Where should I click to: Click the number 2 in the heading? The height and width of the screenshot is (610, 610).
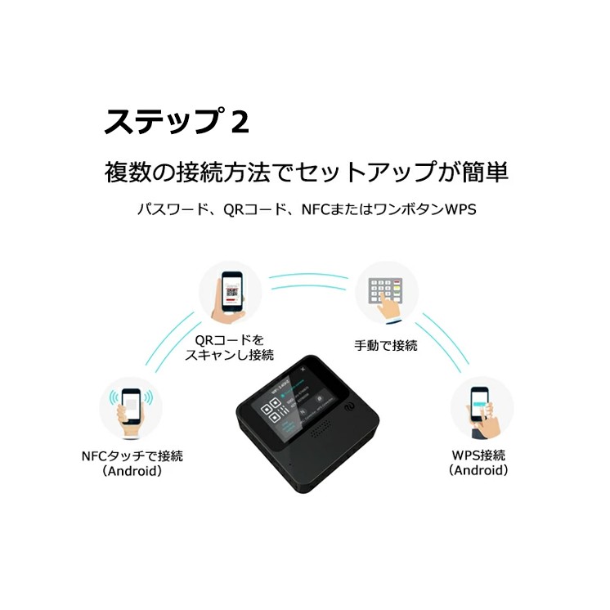click(240, 122)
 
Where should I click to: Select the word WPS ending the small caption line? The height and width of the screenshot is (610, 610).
click(460, 209)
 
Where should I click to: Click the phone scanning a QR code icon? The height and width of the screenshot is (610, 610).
click(230, 294)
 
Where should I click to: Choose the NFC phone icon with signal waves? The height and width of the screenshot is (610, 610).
click(131, 408)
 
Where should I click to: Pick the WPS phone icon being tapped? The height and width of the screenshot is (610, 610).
click(482, 408)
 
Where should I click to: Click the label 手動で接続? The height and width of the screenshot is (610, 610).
click(386, 345)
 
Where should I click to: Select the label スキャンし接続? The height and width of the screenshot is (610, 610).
click(230, 355)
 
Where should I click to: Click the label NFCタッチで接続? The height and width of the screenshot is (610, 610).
click(132, 455)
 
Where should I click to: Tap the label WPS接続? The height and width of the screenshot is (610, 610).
click(478, 455)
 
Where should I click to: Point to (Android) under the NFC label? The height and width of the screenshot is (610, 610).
click(132, 471)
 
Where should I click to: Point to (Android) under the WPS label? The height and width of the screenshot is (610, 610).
click(478, 470)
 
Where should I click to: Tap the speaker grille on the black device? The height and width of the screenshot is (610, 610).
click(321, 428)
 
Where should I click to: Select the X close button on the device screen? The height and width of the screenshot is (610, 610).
click(303, 369)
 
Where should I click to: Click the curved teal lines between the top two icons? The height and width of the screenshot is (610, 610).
click(308, 281)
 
